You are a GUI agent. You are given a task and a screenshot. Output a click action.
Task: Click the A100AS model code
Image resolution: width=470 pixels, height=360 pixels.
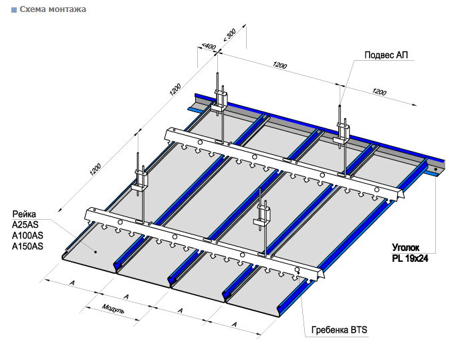pos(27,236)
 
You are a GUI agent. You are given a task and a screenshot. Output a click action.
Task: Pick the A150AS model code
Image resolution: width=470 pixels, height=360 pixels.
pos(27,246)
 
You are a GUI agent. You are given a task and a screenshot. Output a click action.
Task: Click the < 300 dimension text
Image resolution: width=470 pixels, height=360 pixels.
pos(229,36)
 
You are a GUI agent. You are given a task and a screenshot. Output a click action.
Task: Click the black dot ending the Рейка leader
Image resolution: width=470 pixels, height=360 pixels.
pos(96,252)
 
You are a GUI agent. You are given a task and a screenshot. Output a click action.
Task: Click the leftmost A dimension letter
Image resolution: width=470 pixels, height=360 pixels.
pos(72,283)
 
